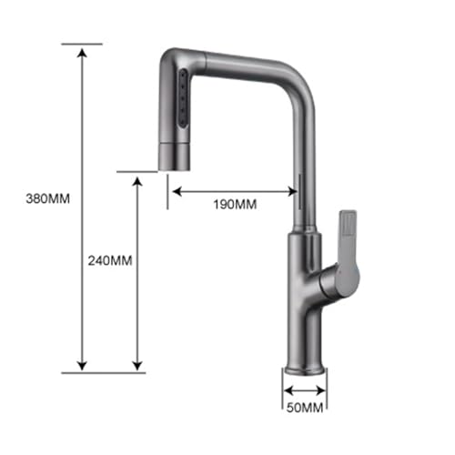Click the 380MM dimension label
pyautogui.click(x=48, y=199)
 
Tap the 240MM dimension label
pyautogui.click(x=110, y=260)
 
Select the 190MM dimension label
pyautogui.click(x=235, y=205)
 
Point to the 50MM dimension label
pyautogui.click(x=305, y=408)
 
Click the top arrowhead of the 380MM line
pyautogui.click(x=82, y=52)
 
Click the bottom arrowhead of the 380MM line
pyautogui.click(x=82, y=366)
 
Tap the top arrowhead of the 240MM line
pyautogui.click(x=137, y=181)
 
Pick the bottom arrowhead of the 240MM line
pyautogui.click(x=137, y=366)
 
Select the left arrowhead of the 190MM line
pyautogui.click(x=177, y=192)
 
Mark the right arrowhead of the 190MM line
pyautogui.click(x=292, y=192)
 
